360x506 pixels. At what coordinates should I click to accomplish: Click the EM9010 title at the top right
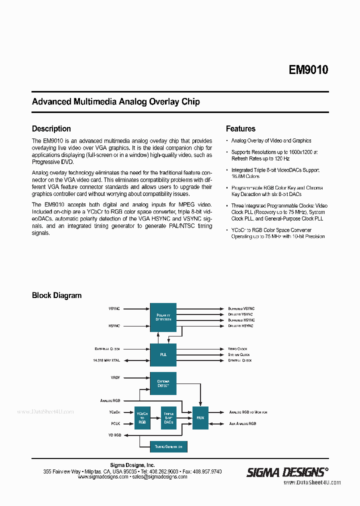308,70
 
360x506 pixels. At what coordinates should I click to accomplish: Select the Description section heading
51,128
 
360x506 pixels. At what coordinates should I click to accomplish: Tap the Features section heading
240,128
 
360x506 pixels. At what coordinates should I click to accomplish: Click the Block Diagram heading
56,295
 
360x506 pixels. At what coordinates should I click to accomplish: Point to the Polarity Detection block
163,317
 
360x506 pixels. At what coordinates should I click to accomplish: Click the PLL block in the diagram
163,354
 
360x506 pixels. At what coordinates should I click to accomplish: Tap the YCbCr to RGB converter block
142,417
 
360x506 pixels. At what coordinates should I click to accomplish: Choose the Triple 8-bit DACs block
168,417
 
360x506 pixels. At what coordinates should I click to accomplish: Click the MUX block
200,417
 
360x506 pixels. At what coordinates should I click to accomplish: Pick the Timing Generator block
168,446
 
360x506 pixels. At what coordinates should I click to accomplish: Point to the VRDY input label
115,377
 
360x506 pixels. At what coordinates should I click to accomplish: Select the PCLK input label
116,423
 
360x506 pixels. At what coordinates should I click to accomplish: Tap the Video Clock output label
237,348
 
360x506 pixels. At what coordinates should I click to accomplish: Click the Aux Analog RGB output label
242,423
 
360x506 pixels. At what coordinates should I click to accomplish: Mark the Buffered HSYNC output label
241,320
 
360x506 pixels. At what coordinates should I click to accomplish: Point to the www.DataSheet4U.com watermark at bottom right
312,482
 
